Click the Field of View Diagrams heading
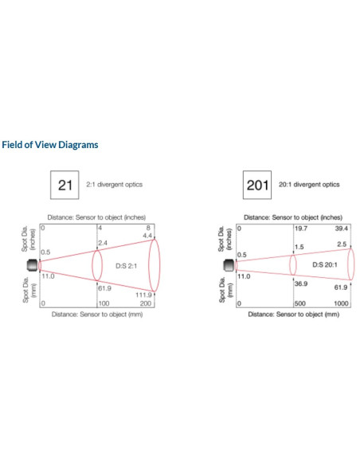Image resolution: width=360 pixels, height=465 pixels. [x=50, y=145]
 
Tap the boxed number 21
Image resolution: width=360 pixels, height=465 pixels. [x=65, y=185]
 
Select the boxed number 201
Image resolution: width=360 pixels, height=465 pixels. [x=257, y=185]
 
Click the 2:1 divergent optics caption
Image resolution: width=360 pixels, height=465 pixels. [x=114, y=185]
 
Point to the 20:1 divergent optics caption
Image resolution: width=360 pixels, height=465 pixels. [x=309, y=185]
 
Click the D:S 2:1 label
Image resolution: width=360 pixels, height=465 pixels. [x=127, y=266]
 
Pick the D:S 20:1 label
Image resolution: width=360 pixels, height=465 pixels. [x=325, y=264]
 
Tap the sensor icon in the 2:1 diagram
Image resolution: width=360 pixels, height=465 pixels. [x=33, y=265]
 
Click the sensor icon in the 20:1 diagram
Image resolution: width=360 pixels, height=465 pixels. [x=229, y=265]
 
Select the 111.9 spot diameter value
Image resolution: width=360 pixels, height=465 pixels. [x=144, y=295]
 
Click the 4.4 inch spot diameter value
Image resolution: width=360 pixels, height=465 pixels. [x=147, y=236]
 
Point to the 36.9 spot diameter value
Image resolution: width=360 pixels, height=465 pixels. [x=301, y=283]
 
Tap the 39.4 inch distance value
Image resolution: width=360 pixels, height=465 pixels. [x=342, y=229]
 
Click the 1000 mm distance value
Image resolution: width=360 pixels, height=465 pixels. [x=341, y=303]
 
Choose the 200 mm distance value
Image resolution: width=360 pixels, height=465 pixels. [x=146, y=303]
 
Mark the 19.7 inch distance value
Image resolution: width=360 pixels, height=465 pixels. [x=301, y=229]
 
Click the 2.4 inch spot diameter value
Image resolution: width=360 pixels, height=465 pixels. [x=103, y=243]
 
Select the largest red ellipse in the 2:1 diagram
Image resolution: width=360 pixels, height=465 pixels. [x=149, y=265]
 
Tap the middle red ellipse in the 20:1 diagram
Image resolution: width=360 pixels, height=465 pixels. [x=290, y=265]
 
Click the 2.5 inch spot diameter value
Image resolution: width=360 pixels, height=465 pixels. [x=342, y=244]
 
